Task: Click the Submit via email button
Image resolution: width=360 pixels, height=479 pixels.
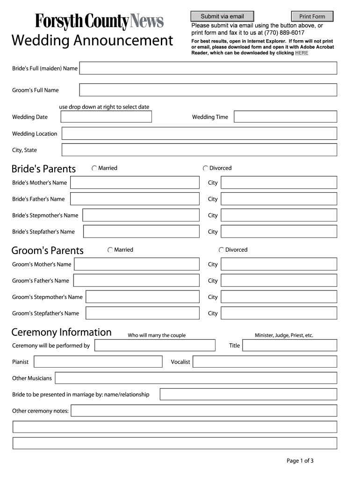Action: [222, 16]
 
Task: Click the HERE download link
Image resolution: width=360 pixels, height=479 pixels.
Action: [302, 53]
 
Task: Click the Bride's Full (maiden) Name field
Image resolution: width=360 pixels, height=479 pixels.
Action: [208, 68]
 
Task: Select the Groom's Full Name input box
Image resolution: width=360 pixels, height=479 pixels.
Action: [208, 90]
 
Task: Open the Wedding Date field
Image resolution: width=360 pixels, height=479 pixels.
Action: [106, 117]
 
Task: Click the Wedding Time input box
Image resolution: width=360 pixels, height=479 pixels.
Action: [285, 117]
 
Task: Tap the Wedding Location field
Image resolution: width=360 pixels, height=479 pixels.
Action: [199, 134]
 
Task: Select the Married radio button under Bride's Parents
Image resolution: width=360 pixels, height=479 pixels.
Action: [94, 168]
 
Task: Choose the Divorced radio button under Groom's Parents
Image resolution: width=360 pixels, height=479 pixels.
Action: [221, 250]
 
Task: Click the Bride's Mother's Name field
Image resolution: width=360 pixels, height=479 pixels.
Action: [135, 182]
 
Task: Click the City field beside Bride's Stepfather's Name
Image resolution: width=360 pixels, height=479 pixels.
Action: [279, 232]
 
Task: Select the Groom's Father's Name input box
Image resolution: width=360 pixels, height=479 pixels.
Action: [136, 281]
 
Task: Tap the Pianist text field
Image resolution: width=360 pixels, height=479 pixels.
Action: [98, 362]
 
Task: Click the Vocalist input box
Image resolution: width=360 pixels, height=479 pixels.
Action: [265, 362]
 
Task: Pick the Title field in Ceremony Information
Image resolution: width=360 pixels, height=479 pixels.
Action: [289, 346]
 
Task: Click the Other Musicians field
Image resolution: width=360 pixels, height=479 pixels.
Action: [196, 378]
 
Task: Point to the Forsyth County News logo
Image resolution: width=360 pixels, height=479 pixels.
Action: [99, 22]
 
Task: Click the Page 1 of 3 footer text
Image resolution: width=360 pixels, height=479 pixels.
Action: [300, 461]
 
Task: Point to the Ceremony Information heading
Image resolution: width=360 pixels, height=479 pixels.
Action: [61, 333]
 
